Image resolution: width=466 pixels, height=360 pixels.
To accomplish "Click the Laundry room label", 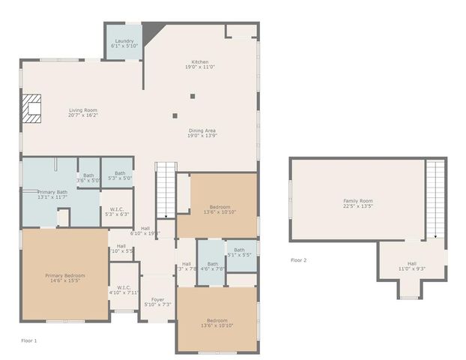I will pyautogui.click(x=124, y=43).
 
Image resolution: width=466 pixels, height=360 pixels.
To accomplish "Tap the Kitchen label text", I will pyautogui.click(x=200, y=64).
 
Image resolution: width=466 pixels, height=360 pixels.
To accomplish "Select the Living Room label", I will pyautogui.click(x=82, y=113).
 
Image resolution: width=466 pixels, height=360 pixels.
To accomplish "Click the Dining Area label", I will pyautogui.click(x=202, y=133).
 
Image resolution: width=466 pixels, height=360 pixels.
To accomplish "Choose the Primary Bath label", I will pyautogui.click(x=52, y=194).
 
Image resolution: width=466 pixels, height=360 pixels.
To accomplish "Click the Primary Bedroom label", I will pyautogui.click(x=64, y=278).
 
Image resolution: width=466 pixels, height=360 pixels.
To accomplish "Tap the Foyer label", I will pyautogui.click(x=157, y=302).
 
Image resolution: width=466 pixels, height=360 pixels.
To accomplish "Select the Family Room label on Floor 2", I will pyautogui.click(x=357, y=203).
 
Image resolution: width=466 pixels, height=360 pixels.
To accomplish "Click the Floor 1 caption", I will pyautogui.click(x=28, y=341).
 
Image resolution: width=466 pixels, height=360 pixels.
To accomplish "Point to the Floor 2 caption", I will pyautogui.click(x=298, y=260).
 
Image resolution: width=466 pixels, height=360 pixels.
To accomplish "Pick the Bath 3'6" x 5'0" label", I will pyautogui.click(x=88, y=176).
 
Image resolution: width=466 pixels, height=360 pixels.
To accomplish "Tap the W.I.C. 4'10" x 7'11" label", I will pyautogui.click(x=124, y=289).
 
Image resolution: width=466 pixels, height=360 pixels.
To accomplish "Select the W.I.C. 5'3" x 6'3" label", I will pyautogui.click(x=117, y=211).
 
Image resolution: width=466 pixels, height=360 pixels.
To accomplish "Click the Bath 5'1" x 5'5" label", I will pyautogui.click(x=239, y=253).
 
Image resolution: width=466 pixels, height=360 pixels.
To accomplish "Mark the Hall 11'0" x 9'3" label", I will pyautogui.click(x=411, y=265).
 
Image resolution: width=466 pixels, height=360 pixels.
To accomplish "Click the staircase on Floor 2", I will pyautogui.click(x=435, y=199).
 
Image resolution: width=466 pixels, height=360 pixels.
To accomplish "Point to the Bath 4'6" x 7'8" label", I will pyautogui.click(x=212, y=266).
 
